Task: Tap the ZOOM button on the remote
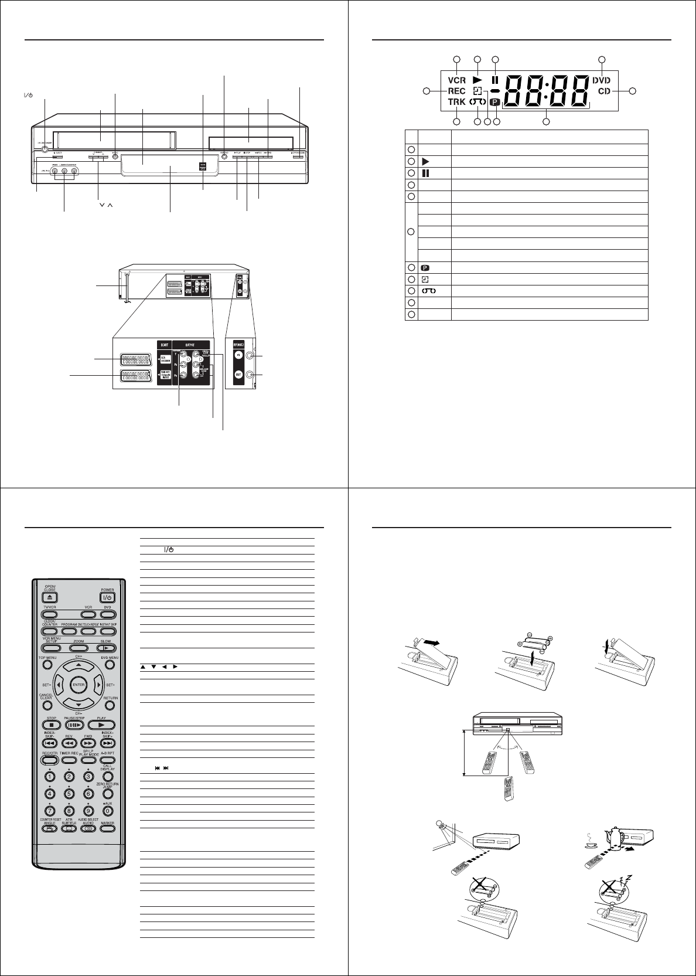(79, 648)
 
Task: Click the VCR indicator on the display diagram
(457, 80)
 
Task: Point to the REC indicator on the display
(456, 91)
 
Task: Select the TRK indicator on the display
(456, 102)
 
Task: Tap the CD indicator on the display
(606, 91)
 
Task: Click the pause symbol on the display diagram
(495, 80)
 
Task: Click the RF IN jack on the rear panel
(251, 356)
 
